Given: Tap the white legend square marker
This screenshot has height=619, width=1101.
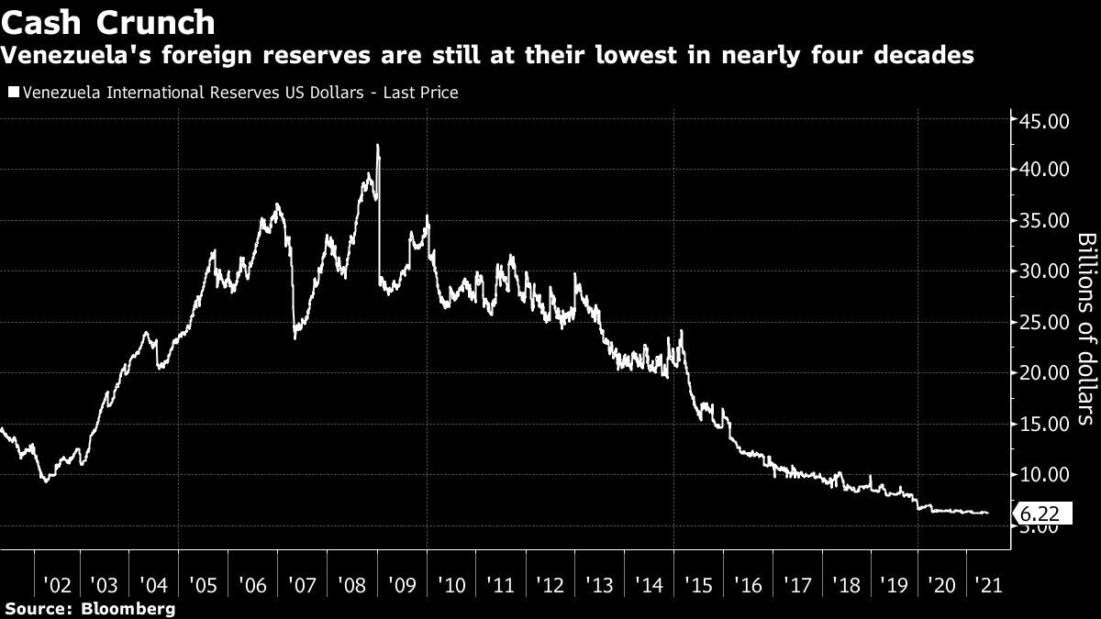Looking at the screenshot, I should click(13, 93).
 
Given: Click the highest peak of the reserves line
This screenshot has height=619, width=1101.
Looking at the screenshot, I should click(378, 145).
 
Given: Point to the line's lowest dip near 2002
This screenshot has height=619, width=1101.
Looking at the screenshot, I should click(46, 481).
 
